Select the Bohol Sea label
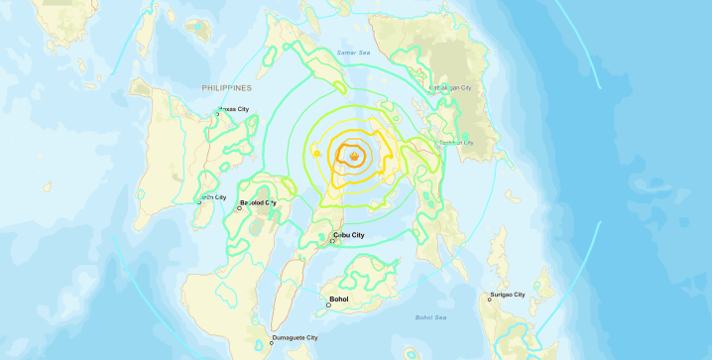click(x=430, y=316)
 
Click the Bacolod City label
click(x=261, y=203)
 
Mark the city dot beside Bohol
click(x=328, y=304)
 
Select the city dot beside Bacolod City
click(x=239, y=208)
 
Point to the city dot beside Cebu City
click(x=332, y=241)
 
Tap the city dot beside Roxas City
click(x=218, y=114)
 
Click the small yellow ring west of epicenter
click(x=316, y=154)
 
